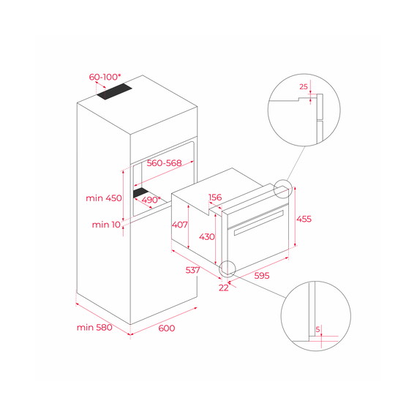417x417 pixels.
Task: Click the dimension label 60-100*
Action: [x=105, y=77]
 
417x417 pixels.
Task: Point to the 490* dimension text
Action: [x=152, y=200]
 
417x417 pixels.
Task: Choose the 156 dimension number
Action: [x=216, y=198]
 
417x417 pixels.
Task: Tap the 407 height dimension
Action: [x=180, y=225]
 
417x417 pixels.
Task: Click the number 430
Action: [x=208, y=238]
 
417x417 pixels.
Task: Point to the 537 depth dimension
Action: [x=193, y=271]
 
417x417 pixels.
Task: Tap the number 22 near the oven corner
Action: [x=224, y=288]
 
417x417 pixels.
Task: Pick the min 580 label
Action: [x=94, y=327]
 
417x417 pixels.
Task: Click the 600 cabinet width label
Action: [x=167, y=328]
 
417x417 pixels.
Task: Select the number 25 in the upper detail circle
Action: [x=303, y=87]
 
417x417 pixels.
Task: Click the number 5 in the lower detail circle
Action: [x=318, y=329]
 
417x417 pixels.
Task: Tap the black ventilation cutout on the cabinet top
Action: [x=116, y=91]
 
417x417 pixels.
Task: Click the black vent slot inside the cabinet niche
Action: [x=143, y=193]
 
